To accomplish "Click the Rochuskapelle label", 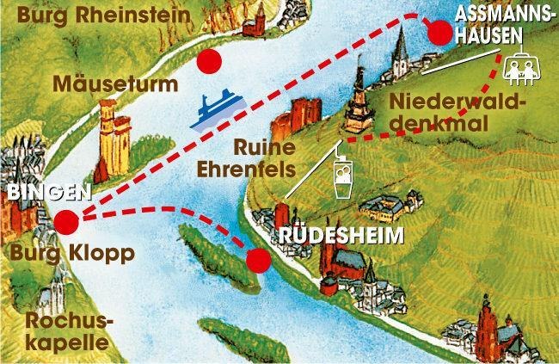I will tap(67, 330).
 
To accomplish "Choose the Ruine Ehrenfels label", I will tap(281, 158).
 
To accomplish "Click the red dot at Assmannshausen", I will tap(439, 34).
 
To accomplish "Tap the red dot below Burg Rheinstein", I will tap(208, 61).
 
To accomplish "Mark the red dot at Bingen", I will tap(65, 223).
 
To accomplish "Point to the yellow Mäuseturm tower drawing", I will tap(111, 138).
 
